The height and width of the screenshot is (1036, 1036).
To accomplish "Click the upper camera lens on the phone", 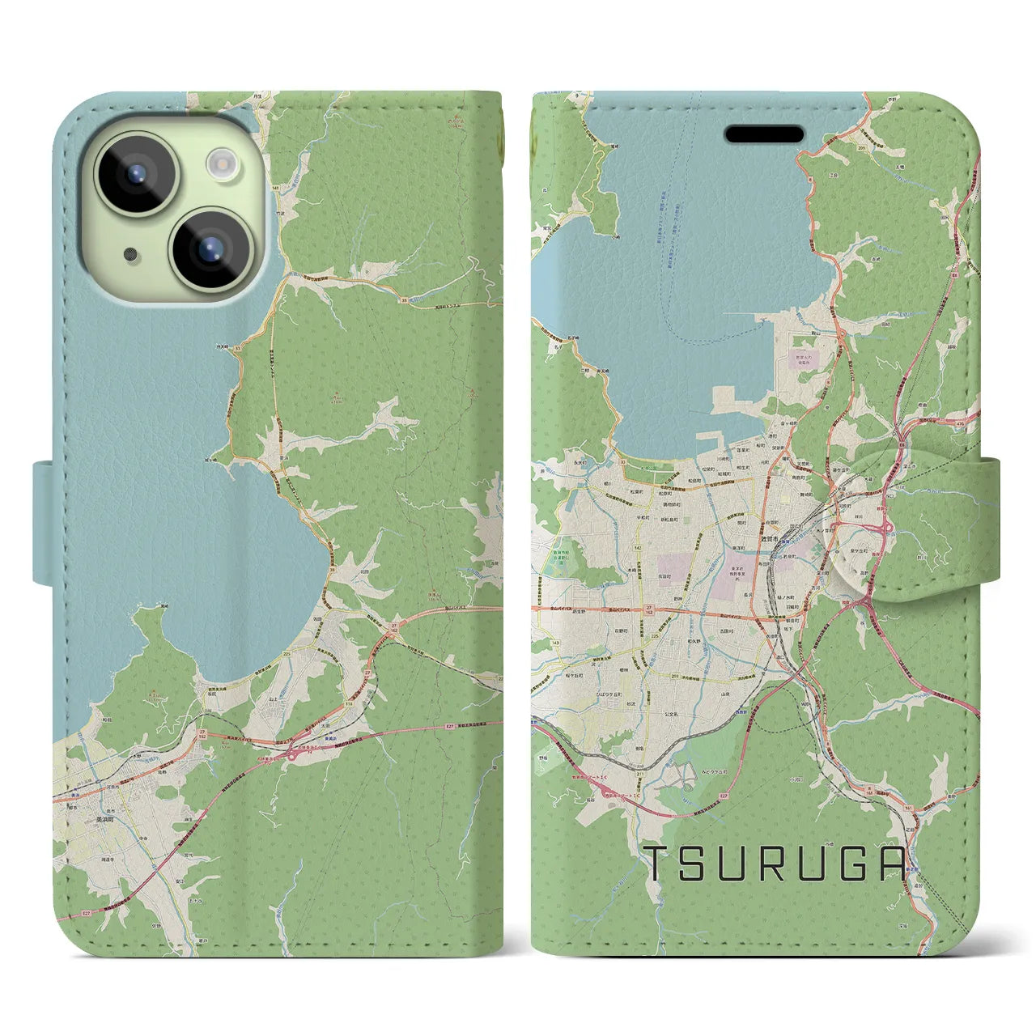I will [x=136, y=172].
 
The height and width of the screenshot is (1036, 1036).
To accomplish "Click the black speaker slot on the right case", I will [x=764, y=134].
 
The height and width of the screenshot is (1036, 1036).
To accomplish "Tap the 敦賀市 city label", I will [x=767, y=539].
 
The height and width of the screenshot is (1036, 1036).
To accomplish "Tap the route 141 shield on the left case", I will [x=275, y=188].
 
